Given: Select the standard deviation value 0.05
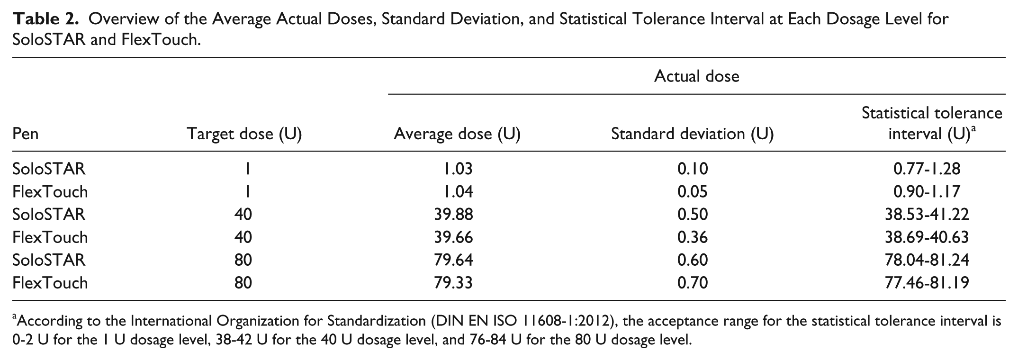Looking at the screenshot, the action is [692, 191].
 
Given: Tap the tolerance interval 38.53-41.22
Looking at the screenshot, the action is [927, 214].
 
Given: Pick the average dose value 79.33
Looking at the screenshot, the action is [453, 283].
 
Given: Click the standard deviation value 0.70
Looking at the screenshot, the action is [692, 283].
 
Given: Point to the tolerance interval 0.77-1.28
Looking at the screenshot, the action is [927, 169].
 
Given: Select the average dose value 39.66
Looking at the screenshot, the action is [453, 237].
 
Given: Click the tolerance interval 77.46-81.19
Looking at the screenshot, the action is [927, 283].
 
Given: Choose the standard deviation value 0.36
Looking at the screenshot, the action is [692, 237].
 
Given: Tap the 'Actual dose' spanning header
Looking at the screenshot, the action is [696, 76].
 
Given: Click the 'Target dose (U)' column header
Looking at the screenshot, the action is [244, 134].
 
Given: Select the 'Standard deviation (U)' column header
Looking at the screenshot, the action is [692, 134].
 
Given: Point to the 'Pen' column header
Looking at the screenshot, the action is [26, 134].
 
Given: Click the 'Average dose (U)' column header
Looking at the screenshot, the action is [457, 134].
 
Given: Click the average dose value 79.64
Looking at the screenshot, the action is [453, 260].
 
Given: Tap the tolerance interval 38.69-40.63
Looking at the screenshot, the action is [927, 237].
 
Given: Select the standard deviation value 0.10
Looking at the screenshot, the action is [692, 169].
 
